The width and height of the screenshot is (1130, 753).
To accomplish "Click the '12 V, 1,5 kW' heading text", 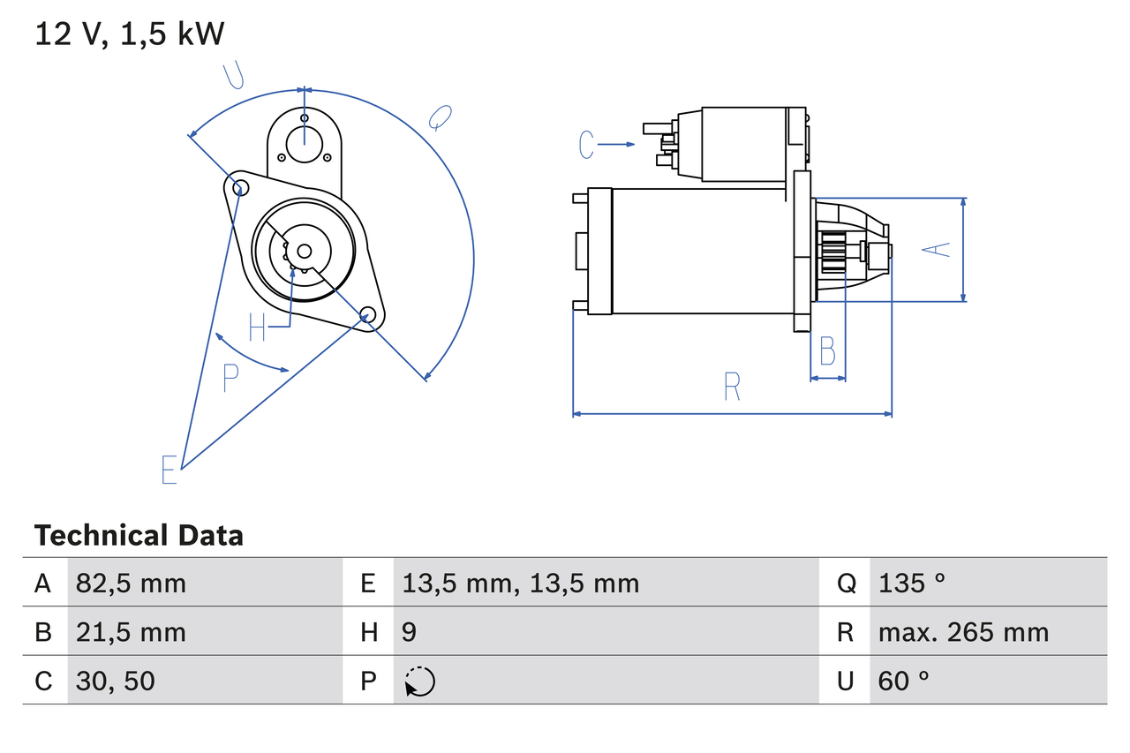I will coord(130,34).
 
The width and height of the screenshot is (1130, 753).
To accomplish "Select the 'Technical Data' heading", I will coord(139,536).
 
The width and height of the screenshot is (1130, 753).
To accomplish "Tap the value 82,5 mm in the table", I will coord(131,583).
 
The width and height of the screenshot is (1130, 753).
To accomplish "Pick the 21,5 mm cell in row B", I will coord(131,632).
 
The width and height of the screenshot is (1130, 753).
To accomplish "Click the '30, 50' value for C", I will coord(116,681).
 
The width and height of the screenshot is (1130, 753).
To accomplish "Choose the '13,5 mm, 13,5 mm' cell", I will coord(520,583).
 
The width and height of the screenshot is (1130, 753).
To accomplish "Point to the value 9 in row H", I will coord(410,632).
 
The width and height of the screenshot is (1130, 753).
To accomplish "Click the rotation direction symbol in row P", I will coord(419,681).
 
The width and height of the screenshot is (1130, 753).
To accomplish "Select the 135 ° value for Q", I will coord(912,583).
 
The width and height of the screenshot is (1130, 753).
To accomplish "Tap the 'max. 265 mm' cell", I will coord(963,632).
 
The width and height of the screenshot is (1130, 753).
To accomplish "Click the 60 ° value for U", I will coord(904,681).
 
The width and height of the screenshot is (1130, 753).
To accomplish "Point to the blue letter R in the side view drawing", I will coord(732,387).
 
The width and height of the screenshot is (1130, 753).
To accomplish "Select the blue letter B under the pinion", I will coord(827,351).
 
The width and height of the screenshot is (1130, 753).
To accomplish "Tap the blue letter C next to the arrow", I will coord(588,144).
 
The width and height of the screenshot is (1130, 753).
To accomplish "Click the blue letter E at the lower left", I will coord(169,470).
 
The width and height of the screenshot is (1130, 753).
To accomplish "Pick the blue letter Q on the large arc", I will coord(439,117).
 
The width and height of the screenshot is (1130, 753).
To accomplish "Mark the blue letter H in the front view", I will coord(257,328).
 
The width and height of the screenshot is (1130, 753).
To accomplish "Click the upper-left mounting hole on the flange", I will coord(237,186).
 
